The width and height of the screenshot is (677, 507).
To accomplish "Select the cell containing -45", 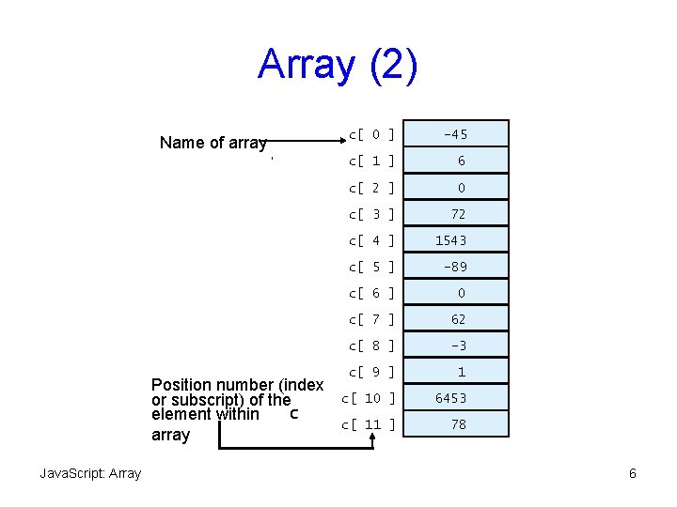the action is point(455,134).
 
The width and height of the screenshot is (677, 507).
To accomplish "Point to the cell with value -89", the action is point(455,267).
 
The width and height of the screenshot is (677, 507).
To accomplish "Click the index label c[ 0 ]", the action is point(370,134).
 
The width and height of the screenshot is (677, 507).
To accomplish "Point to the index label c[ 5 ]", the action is point(370,267).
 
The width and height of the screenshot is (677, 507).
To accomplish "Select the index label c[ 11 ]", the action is point(367,424).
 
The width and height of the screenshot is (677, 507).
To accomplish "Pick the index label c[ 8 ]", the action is point(370,346).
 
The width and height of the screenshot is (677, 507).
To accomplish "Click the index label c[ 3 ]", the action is point(370,214).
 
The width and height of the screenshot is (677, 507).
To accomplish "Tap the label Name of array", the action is point(213,143).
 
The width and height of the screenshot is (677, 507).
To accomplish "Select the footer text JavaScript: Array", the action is point(90,473).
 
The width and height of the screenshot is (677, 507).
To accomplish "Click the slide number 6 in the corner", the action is point(633,473).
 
